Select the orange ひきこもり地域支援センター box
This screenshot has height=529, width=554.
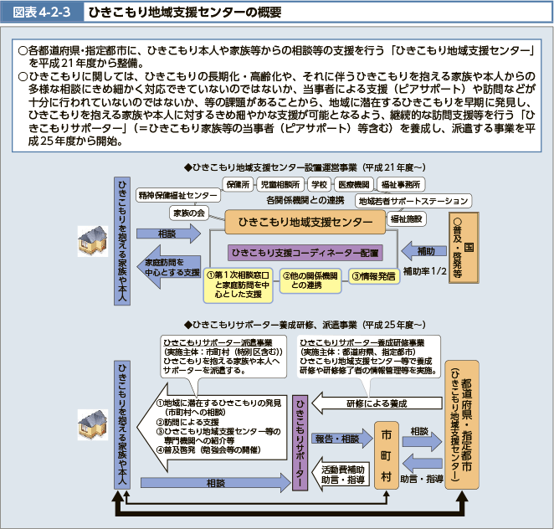305,221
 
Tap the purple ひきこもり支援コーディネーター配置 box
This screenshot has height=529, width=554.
305,251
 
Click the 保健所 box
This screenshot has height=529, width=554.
238,183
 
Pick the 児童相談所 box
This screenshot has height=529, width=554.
280,183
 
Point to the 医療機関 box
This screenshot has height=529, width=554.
354,183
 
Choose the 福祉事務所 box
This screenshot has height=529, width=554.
400,183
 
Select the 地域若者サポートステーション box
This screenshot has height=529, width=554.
413,201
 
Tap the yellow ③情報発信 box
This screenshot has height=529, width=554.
372,275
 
